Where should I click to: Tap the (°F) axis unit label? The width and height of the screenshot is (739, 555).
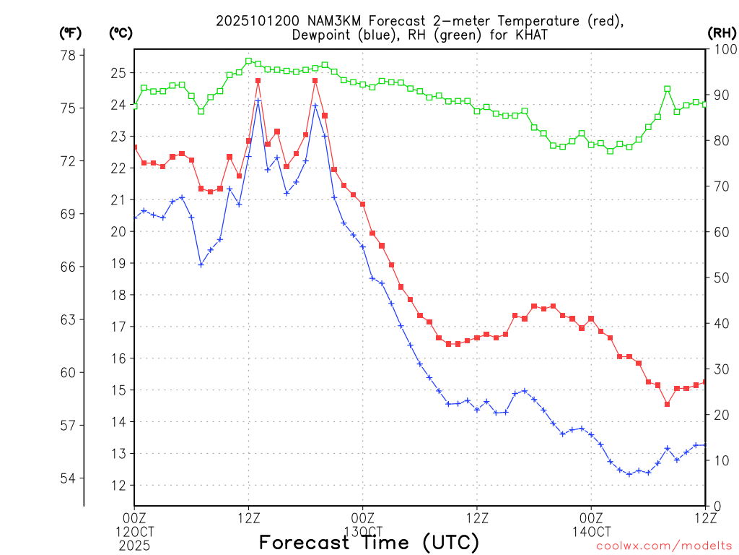pyautogui.click(x=70, y=33)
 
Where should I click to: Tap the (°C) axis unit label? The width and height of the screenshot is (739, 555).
pyautogui.click(x=120, y=33)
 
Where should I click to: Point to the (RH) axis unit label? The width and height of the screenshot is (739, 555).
pyautogui.click(x=721, y=33)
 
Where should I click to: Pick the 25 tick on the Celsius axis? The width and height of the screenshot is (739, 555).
pyautogui.click(x=118, y=73)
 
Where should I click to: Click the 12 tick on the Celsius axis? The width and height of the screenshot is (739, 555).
pyautogui.click(x=118, y=486)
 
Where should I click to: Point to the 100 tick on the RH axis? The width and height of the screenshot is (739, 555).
pyautogui.click(x=722, y=49)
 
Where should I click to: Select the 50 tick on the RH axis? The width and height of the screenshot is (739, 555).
pyautogui.click(x=720, y=277)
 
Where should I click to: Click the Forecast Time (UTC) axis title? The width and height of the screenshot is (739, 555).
pyautogui.click(x=369, y=542)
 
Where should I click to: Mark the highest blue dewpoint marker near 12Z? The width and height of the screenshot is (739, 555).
pyautogui.click(x=258, y=101)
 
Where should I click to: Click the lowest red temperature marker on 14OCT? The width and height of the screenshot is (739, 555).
pyautogui.click(x=668, y=404)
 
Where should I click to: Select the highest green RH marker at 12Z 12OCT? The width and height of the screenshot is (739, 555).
pyautogui.click(x=248, y=61)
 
